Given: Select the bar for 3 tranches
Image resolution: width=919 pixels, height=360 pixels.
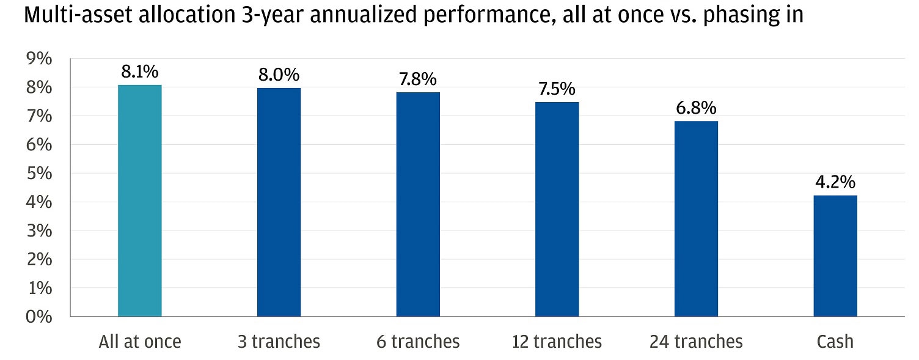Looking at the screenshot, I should pos(279,202).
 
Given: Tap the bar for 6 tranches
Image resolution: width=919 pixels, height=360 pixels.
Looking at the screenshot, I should pos(418,204).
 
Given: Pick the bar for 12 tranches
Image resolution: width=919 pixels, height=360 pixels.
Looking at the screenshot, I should pos(557,209).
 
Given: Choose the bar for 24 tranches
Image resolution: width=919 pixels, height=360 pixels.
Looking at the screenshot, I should pos(696,219).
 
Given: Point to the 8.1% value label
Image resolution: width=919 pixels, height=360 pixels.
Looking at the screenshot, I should pos(140,72).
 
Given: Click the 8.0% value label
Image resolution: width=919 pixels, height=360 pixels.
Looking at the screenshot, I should pos(279,75).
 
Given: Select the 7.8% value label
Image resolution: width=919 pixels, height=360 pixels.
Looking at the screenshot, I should pos(418,79).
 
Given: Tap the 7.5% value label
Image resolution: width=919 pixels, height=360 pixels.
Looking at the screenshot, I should pos(557,89).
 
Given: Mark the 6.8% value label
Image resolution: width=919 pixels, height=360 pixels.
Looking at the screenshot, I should pos(696,108).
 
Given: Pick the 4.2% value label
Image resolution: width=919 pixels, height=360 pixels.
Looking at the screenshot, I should pos(835,182).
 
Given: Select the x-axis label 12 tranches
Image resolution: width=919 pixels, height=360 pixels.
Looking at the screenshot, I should pos(557,342).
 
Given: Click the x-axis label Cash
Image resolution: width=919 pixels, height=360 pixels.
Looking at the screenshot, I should pos(835,342).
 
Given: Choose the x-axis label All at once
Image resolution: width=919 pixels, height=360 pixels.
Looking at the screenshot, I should pos(140,342).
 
